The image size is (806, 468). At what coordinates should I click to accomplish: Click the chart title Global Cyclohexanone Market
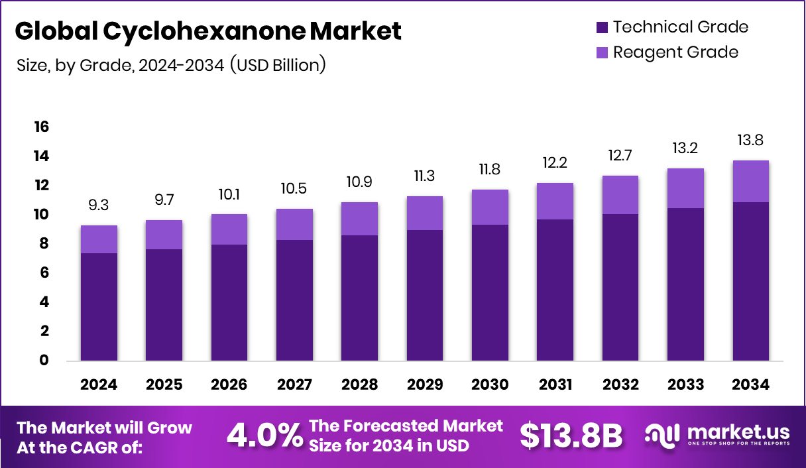(207, 31)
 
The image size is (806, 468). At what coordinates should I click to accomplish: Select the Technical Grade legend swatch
(602, 27)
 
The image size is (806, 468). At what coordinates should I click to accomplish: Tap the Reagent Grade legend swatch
(602, 52)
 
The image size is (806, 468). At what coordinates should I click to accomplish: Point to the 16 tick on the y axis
(41, 127)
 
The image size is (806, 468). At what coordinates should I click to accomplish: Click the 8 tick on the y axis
(44, 244)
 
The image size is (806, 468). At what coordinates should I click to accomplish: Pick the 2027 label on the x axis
(294, 385)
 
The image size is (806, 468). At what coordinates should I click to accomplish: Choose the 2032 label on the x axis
(620, 385)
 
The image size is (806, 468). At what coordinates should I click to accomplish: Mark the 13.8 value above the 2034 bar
(751, 141)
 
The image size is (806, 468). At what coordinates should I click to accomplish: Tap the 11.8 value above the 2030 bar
(490, 170)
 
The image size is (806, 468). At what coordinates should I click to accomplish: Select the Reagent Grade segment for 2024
(99, 239)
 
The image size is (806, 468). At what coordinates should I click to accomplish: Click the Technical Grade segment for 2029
(425, 295)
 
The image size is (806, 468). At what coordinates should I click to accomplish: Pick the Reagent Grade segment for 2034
(751, 181)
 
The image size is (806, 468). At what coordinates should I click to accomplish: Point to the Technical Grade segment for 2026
(229, 302)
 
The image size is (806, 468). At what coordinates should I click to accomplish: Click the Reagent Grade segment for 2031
(555, 201)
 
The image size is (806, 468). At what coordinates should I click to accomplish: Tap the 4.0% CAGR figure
(264, 436)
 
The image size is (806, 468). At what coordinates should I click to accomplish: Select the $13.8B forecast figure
(571, 436)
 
